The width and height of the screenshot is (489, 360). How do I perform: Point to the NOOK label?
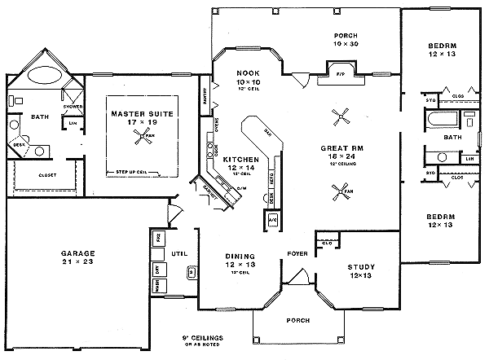point(248,72)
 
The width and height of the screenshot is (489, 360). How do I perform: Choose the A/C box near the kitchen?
point(272,219)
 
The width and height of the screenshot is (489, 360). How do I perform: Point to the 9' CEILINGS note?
point(204,338)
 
